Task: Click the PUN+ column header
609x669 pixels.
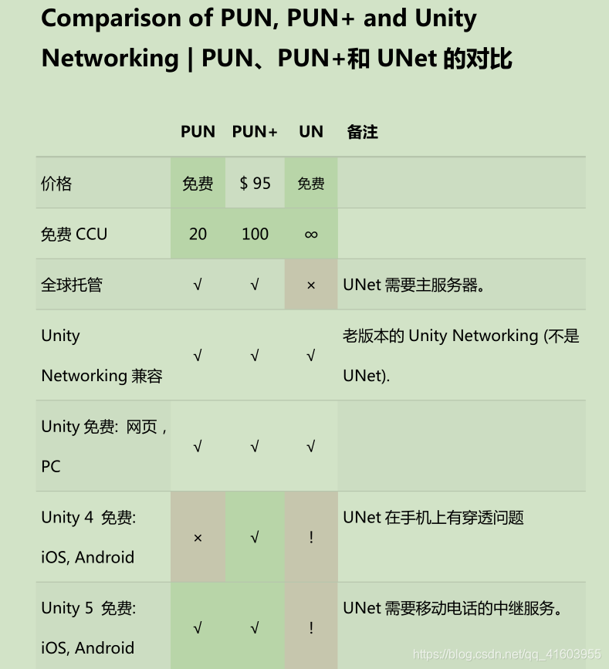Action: pyautogui.click(x=254, y=132)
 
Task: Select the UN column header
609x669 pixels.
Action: pyautogui.click(x=311, y=132)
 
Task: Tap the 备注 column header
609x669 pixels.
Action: pyautogui.click(x=362, y=132)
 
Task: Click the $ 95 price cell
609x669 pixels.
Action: pyautogui.click(x=255, y=183)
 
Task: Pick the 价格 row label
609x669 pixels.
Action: pyautogui.click(x=56, y=183)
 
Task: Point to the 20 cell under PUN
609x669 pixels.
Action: pyautogui.click(x=198, y=234)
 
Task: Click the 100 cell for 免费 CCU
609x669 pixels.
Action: pyautogui.click(x=255, y=234)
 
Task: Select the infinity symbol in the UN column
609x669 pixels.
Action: pyautogui.click(x=311, y=235)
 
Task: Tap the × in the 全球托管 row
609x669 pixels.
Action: pyautogui.click(x=311, y=285)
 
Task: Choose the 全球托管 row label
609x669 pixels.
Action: pyautogui.click(x=72, y=285)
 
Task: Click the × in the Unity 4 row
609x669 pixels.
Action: pyautogui.click(x=198, y=537)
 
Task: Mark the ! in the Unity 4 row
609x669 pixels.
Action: pyautogui.click(x=311, y=537)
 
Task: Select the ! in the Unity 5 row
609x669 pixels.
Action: pyautogui.click(x=311, y=627)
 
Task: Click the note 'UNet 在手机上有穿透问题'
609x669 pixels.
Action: pyautogui.click(x=433, y=517)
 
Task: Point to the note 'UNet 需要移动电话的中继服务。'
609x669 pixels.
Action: pyautogui.click(x=452, y=608)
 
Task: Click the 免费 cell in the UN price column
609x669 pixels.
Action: pyautogui.click(x=311, y=184)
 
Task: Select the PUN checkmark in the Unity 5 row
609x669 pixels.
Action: pyautogui.click(x=198, y=628)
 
